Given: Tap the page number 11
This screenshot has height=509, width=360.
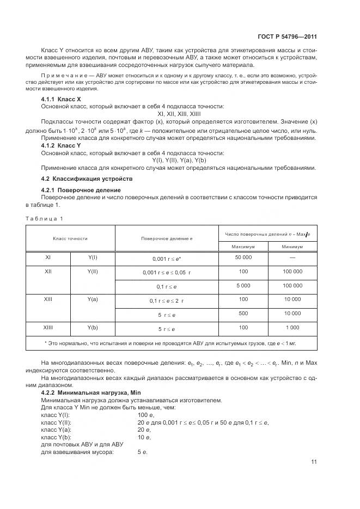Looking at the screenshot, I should coord(314,463).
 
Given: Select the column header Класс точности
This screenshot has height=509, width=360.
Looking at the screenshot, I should coord(70,238).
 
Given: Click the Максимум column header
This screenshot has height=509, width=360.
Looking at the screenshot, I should coord(243,246).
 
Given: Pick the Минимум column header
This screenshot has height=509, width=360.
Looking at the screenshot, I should coord(292,246).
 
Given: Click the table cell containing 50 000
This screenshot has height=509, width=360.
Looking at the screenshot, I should coord(243,257).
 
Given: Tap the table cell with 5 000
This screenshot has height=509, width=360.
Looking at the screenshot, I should coord(243,285).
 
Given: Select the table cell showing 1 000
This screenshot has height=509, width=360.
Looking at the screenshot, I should coord(292,328).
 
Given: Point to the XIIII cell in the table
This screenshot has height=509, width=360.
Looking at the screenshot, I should coord(48,328).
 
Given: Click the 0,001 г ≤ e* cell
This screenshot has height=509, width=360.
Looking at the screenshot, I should coord(166,257).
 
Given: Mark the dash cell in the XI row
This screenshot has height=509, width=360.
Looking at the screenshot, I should coord(292,257).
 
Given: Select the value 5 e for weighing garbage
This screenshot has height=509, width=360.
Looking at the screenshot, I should coord(143,451).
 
